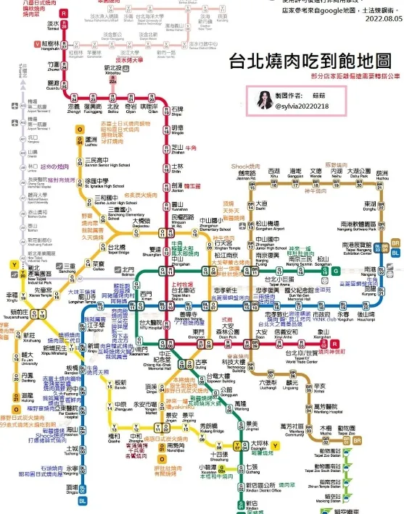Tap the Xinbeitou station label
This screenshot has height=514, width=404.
coord(112,73)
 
